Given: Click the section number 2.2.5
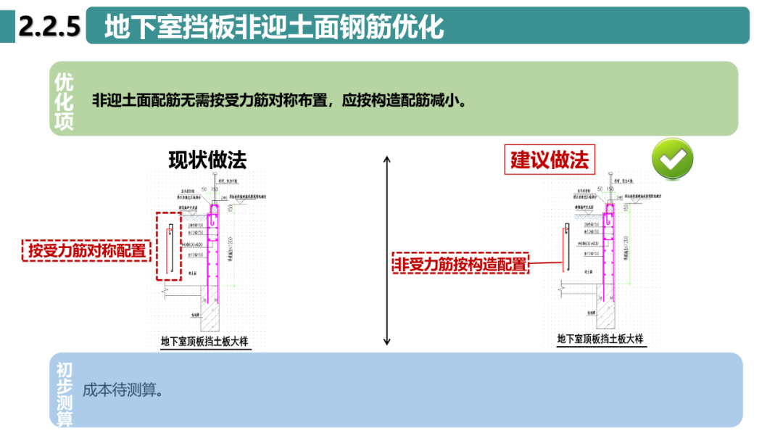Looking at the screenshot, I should tap(48, 27).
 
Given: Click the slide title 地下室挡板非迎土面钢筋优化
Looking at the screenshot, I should tap(273, 27).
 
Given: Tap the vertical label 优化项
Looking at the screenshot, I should tap(65, 101).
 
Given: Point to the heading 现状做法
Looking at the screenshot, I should tap(207, 160).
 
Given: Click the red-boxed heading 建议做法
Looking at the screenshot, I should tap(550, 159).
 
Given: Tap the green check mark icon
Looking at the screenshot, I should tap(672, 159).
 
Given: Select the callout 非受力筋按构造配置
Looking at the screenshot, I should tap(460, 265).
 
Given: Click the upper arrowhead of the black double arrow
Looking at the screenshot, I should tap(387, 159).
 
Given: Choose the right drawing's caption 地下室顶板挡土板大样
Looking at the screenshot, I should tap(600, 339).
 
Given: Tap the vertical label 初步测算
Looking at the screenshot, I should tap(65, 394).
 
